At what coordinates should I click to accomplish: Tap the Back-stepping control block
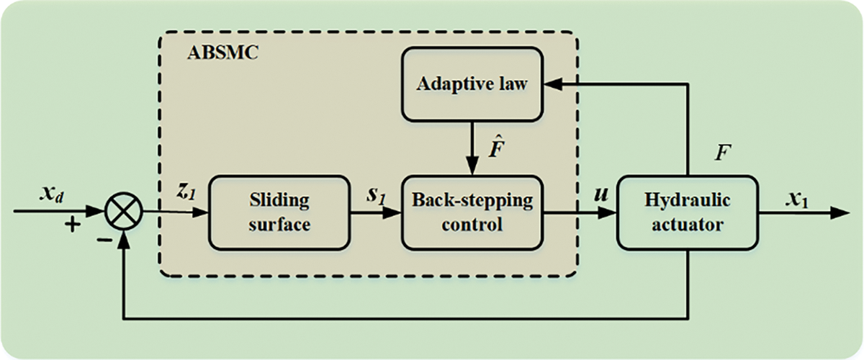click(x=472, y=212)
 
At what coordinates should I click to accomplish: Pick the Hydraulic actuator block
click(x=687, y=212)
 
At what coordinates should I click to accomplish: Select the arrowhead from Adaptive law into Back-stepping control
click(x=472, y=168)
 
